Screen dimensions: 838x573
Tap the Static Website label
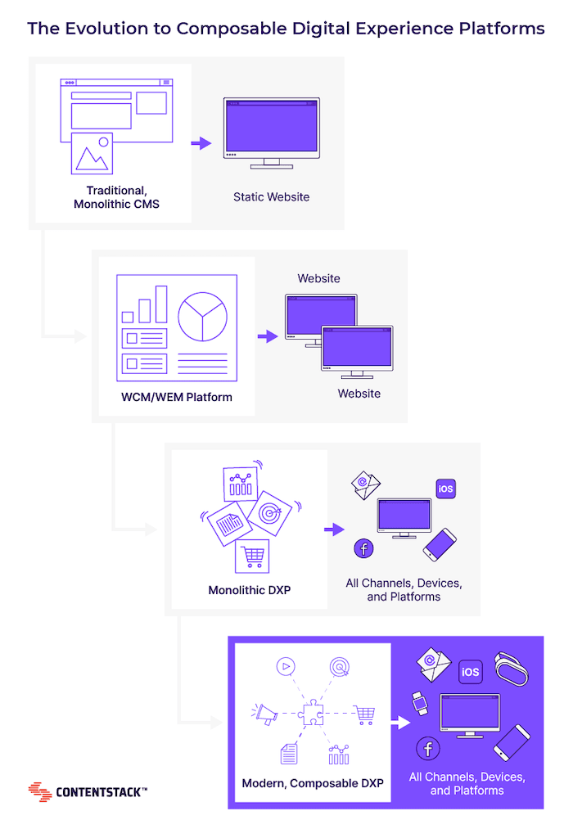coord(271,196)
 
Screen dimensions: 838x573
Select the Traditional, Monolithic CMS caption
coord(116,196)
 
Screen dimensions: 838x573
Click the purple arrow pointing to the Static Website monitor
coord(201,143)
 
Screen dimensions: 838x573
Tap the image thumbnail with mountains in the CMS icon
coord(92,153)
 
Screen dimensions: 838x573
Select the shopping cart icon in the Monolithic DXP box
coord(252,556)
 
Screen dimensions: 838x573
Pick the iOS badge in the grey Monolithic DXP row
coord(445,489)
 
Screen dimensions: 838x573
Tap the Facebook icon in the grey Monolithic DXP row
coord(363,548)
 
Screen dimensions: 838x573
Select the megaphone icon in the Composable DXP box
coord(265,714)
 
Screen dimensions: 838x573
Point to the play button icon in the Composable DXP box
coord(284,666)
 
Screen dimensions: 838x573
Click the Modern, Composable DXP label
coord(313,783)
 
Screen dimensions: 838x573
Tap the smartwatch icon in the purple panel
coord(419,702)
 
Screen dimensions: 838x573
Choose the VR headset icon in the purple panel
coord(512,668)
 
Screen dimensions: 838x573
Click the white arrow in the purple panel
coord(399,723)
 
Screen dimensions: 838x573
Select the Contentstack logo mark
coord(40,791)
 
